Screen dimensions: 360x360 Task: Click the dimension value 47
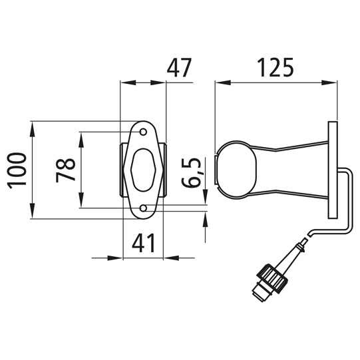179,68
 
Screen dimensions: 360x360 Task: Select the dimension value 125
275,68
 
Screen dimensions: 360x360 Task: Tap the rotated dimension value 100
18,170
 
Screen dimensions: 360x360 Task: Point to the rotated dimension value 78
65,170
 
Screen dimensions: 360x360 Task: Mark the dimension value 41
143,243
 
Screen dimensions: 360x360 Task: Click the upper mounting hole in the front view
144,132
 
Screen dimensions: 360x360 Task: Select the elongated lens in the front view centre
144,170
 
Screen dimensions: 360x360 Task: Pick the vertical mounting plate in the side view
331,170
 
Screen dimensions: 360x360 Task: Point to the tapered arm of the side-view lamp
293,170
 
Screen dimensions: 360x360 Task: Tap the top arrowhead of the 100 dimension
32,126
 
